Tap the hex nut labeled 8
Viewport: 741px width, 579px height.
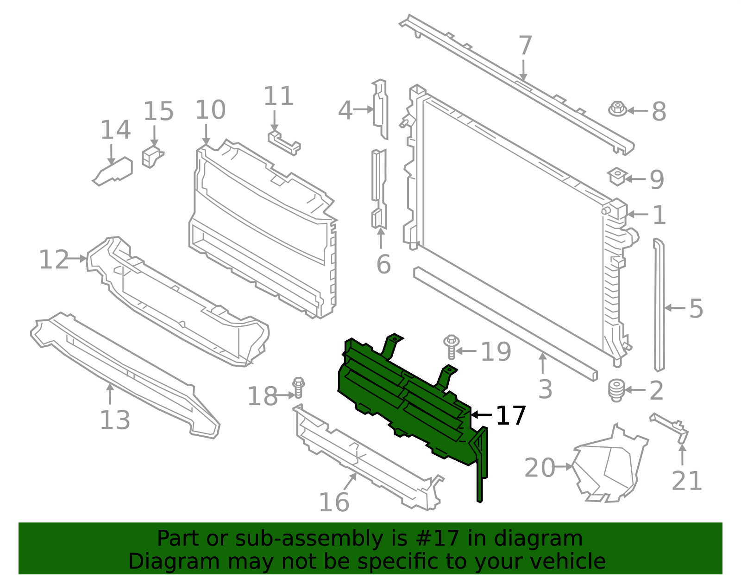617,109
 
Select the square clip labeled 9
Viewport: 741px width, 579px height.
617,176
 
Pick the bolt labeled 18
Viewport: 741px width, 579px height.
298,388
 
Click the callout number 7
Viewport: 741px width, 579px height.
525,46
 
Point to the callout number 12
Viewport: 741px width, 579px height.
54,260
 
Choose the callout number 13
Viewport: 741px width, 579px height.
115,420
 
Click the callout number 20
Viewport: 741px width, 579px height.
540,468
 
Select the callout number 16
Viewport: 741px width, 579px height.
334,502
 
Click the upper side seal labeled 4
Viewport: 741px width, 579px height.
380,109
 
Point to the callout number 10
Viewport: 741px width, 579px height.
210,110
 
